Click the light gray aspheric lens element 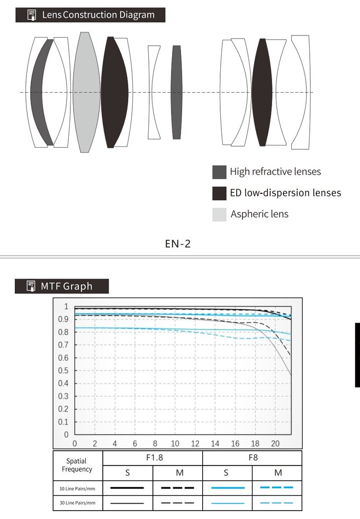tap(86, 92)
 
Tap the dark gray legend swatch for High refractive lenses tap(219, 172)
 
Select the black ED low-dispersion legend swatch tap(219, 193)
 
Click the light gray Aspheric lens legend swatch tap(219, 214)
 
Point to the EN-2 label tap(178, 244)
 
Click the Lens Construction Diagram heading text tap(98, 15)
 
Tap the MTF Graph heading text tap(67, 287)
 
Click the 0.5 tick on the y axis tap(63, 371)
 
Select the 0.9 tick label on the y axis tap(63, 319)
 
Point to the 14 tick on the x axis tap(215, 444)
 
